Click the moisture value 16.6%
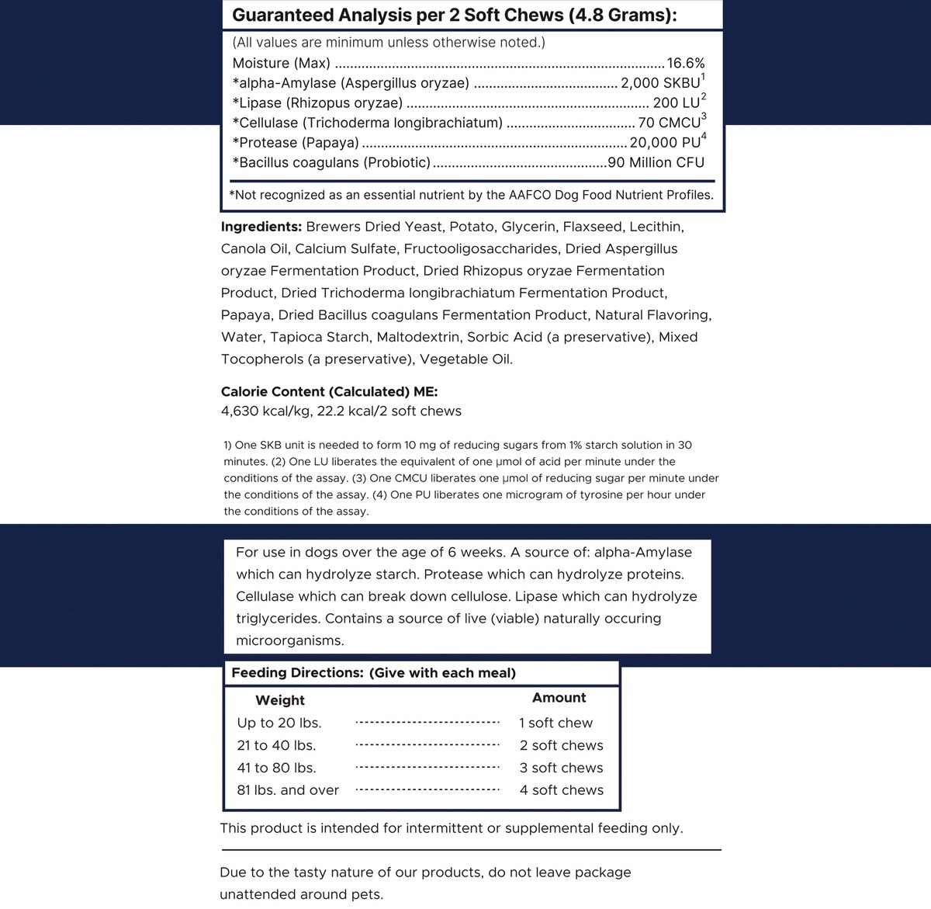click(686, 64)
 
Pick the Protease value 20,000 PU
click(665, 143)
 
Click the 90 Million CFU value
click(656, 163)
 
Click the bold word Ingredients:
click(261, 227)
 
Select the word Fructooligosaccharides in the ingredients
click(482, 249)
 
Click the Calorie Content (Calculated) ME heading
click(329, 392)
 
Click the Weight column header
click(280, 700)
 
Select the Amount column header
click(559, 698)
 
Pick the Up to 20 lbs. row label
click(279, 723)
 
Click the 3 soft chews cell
click(561, 768)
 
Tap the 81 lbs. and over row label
click(288, 790)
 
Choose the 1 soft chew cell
click(555, 723)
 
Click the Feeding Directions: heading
click(297, 673)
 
